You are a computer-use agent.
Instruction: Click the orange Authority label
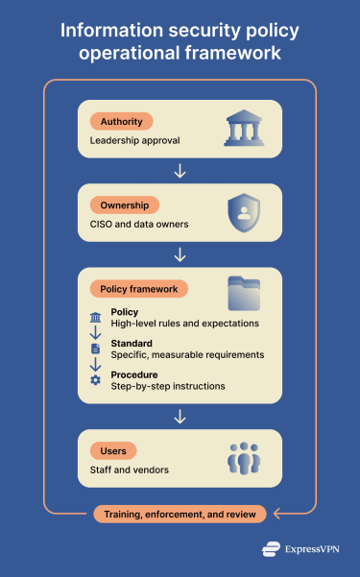[x=120, y=122]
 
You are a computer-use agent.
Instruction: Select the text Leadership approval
[x=133, y=141]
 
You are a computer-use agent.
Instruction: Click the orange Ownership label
[x=124, y=205]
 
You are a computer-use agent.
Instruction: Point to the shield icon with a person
[x=243, y=212]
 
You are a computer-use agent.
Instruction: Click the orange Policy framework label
[x=138, y=288]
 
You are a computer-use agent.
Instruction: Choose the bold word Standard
[x=132, y=343]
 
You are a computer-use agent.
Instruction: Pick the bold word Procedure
[x=135, y=373]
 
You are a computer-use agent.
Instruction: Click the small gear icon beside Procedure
[x=95, y=380]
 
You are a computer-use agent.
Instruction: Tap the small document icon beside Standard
[x=95, y=349]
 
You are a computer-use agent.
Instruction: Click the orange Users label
[x=113, y=450]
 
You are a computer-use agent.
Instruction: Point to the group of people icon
[x=244, y=458]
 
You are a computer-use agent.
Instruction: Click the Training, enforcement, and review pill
[x=180, y=515]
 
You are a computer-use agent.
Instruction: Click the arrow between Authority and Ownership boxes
[x=180, y=171]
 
